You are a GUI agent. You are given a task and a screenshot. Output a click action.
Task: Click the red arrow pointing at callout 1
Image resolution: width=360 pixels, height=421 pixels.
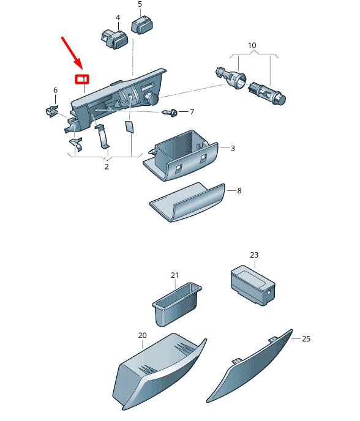coord(72,53)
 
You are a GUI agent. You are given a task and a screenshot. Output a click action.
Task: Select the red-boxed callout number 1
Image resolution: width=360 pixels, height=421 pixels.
coord(82,79)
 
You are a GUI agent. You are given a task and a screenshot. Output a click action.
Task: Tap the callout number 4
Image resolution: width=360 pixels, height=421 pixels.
coord(118,18)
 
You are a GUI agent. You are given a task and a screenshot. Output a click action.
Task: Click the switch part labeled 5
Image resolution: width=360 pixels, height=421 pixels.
coord(142,24)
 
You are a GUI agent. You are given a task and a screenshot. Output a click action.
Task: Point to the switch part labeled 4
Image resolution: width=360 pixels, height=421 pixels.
coord(114,39)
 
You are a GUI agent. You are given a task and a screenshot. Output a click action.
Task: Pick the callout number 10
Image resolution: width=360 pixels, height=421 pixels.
coord(252,45)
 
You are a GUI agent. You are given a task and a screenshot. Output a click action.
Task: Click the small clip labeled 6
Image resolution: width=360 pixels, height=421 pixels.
coord(52,111)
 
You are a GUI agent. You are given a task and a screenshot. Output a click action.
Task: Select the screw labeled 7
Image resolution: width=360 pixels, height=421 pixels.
coord(170,112)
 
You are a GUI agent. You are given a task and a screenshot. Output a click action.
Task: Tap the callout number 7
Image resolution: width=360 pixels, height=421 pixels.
coord(192,112)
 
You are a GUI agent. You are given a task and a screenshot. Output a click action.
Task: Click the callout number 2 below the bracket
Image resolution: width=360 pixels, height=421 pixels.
coord(107,166)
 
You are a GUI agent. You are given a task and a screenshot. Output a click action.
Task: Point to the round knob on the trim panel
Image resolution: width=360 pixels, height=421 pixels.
coord(151,99)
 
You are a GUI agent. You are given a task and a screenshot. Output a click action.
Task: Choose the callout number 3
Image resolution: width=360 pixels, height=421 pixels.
coord(233,148)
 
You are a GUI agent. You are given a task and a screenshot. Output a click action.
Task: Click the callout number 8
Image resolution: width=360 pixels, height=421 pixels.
coord(239,191)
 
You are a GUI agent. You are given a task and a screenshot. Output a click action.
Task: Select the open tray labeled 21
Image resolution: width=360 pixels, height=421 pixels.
coord(177,304)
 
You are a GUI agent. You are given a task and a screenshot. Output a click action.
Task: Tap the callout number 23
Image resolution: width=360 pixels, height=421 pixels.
coord(254,255)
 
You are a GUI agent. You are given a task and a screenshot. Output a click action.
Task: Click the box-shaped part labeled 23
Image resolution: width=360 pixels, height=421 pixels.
coord(253,285)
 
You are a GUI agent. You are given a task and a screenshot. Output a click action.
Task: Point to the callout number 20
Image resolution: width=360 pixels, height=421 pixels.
coord(143,335)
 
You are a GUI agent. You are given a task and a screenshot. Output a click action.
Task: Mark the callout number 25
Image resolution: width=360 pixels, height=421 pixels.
coord(306,338)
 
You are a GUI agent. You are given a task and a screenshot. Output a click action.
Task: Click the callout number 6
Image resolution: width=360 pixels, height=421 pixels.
coord(55,90)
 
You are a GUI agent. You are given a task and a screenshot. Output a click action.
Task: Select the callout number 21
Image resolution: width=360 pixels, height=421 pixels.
coord(174,275)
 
